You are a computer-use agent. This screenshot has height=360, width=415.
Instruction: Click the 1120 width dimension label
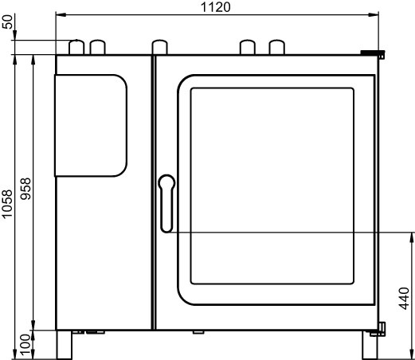pyautogui.click(x=216, y=7)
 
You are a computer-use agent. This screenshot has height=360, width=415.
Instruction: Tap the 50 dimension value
pyautogui.click(x=7, y=22)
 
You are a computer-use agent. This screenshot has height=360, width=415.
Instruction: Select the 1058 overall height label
pyautogui.click(x=7, y=204)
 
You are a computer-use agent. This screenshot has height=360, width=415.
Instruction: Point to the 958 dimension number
pyautogui.click(x=25, y=189)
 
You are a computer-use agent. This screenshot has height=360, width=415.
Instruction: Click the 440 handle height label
pyautogui.click(x=404, y=298)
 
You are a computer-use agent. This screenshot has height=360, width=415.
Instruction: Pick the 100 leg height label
pyautogui.click(x=25, y=345)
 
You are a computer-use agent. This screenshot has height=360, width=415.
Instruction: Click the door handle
pyautogui.click(x=166, y=203)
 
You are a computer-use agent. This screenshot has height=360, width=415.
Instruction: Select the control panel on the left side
pyautogui.click(x=91, y=126)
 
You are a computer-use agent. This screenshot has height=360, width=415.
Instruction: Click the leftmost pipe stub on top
pyautogui.click(x=76, y=47)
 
